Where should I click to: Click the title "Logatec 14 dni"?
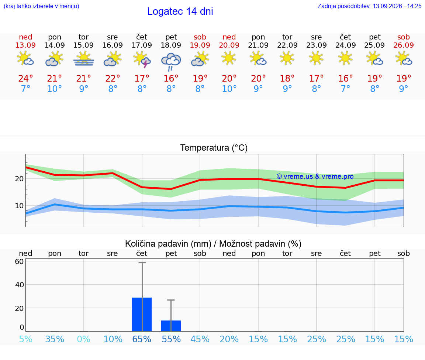[x=180, y=11]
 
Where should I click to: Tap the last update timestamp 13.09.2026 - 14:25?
[x=397, y=6]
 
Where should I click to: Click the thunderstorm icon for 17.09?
[x=142, y=59]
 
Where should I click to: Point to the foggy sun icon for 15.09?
[x=83, y=59]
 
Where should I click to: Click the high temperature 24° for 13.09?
[x=25, y=78]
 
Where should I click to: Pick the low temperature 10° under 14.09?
[x=55, y=89]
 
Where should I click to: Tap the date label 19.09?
[x=200, y=45]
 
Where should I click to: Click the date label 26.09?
[x=404, y=45]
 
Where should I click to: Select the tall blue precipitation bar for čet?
[x=142, y=315]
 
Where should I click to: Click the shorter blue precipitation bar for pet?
[x=171, y=326]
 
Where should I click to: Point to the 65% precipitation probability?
[x=142, y=339]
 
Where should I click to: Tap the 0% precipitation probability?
[x=83, y=339]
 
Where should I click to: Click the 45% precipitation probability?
[x=200, y=339]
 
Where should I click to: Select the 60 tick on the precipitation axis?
[x=20, y=261]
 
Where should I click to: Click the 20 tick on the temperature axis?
[x=19, y=179]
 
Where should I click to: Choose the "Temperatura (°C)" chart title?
[x=214, y=148]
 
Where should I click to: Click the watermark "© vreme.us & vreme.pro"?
[x=315, y=176]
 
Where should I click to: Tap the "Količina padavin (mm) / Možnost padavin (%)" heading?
[x=213, y=244]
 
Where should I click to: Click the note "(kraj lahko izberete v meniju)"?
[x=41, y=6]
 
